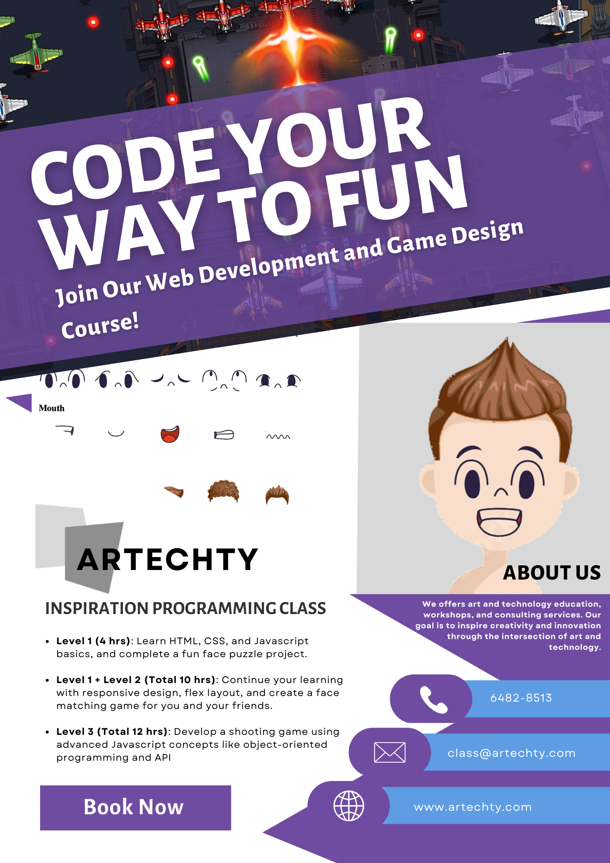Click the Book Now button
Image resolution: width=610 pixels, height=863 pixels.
(135, 807)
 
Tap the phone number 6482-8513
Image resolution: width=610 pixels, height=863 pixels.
(521, 698)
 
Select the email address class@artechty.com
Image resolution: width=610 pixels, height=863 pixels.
(512, 753)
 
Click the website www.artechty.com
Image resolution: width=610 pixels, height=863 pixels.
(473, 807)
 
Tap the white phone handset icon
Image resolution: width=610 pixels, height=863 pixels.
(434, 699)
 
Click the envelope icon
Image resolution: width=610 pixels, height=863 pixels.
(390, 753)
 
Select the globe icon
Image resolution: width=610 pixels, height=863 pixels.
(349, 806)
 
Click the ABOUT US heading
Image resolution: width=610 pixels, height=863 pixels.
(552, 573)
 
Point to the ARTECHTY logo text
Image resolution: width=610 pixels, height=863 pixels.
(167, 559)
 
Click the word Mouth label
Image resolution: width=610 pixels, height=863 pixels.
(51, 408)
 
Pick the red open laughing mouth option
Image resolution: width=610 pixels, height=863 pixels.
(170, 434)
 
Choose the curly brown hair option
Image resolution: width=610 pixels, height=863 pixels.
(223, 491)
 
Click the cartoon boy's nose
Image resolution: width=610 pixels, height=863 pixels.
(501, 492)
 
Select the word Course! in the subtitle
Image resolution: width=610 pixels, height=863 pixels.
(100, 325)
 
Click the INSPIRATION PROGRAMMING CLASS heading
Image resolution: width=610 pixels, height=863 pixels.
(186, 608)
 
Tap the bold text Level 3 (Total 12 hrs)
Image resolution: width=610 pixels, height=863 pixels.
(112, 731)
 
